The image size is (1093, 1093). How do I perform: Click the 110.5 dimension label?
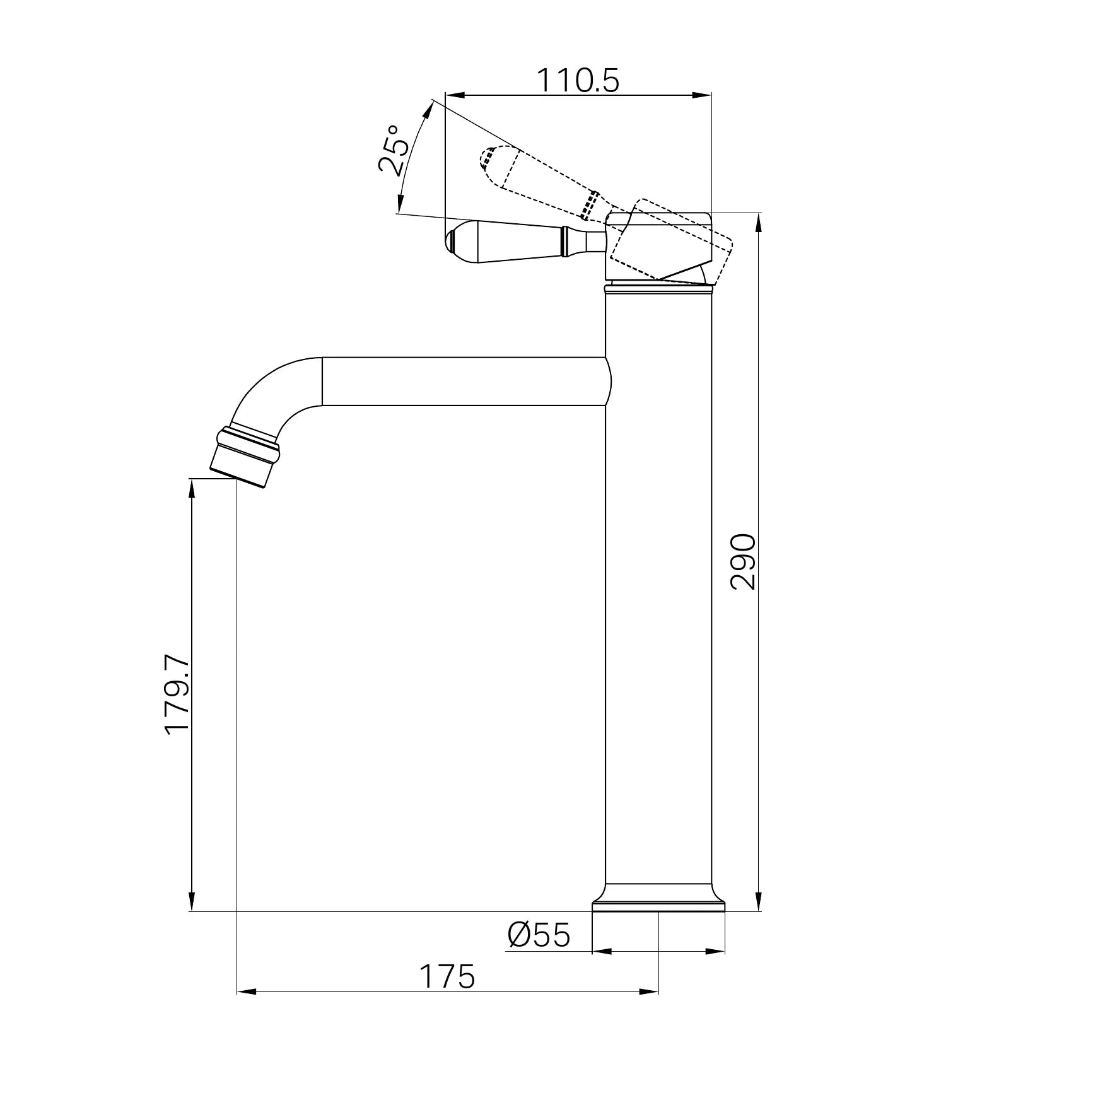pyautogui.click(x=578, y=80)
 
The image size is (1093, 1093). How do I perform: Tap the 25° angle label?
pyautogui.click(x=394, y=149)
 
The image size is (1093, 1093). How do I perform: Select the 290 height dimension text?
pyautogui.click(x=742, y=562)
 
